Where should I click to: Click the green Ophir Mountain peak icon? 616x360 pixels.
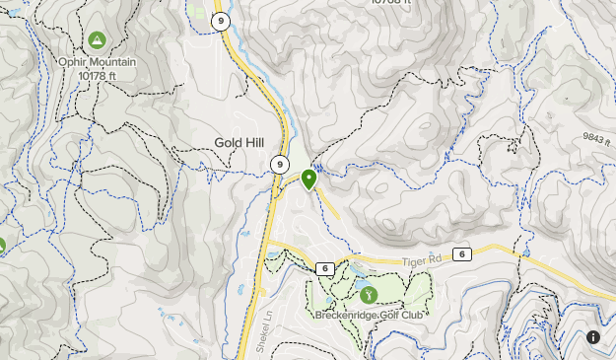tap(97, 40)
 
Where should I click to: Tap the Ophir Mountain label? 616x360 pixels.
tap(97, 62)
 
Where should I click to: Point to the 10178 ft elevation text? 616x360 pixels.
tap(97, 75)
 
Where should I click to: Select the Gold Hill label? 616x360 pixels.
tap(239, 143)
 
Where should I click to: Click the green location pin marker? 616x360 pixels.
tap(308, 180)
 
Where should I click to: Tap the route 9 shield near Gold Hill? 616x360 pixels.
tap(281, 165)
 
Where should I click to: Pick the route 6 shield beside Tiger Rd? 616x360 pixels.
tap(463, 254)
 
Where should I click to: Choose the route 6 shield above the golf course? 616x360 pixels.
tap(323, 268)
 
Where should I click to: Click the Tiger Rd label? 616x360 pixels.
tap(424, 260)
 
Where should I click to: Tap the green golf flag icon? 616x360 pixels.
tap(368, 293)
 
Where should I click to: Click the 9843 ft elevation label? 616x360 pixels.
tap(597, 137)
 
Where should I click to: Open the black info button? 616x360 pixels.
tap(593, 337)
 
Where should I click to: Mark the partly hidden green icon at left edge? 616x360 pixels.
tap(2, 246)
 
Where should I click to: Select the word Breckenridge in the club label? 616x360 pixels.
tap(346, 316)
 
